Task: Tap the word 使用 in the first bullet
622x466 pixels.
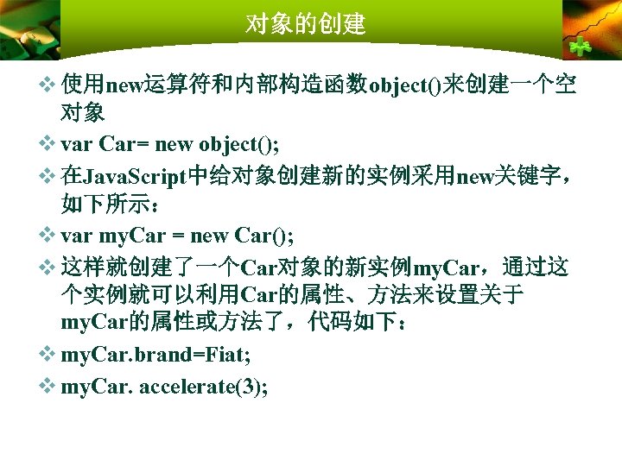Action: click(83, 85)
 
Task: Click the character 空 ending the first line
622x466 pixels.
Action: click(567, 85)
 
